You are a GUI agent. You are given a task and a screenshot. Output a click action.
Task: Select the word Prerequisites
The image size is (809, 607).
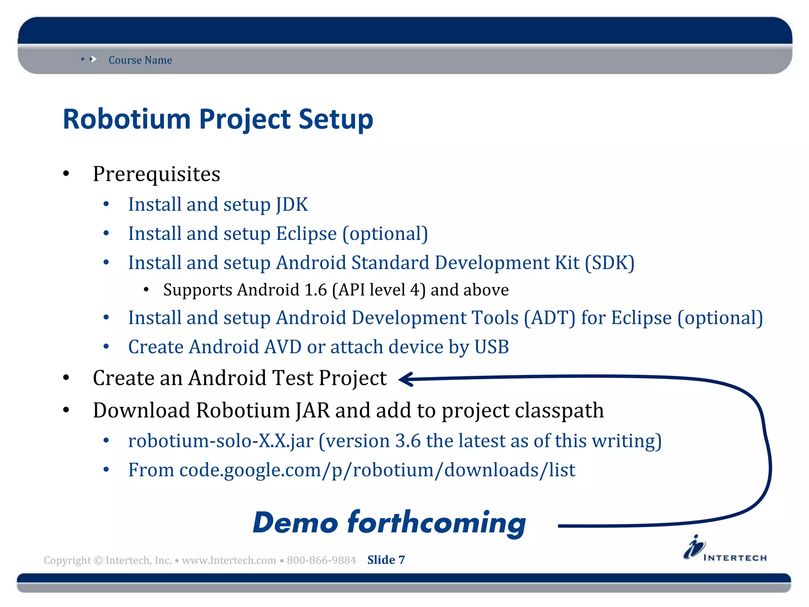[x=156, y=174]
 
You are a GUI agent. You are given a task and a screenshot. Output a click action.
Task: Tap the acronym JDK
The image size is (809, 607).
[x=292, y=205]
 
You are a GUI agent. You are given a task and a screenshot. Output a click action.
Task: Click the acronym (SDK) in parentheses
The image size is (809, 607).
[x=610, y=263]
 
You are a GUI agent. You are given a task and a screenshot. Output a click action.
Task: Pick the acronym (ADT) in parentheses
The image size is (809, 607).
[x=549, y=318]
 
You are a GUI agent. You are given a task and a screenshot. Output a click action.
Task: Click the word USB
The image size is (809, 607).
[x=491, y=347]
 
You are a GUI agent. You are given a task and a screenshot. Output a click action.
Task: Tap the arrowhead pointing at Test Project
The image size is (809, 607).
[x=406, y=379]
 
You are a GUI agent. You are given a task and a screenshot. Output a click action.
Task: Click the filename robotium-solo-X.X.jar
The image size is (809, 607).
[x=221, y=441]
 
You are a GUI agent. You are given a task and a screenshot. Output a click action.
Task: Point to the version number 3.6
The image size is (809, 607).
[x=408, y=441]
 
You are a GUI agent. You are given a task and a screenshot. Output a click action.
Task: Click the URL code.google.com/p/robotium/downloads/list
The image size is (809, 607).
[x=377, y=470]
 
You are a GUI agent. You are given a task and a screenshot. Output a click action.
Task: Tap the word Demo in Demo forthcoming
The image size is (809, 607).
[x=295, y=523]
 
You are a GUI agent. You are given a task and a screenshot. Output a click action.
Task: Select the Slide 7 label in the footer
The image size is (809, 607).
[x=386, y=560]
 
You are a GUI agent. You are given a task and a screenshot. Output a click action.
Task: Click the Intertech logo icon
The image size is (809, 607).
[x=694, y=547]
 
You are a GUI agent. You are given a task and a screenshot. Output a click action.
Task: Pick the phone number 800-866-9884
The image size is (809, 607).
[x=321, y=560]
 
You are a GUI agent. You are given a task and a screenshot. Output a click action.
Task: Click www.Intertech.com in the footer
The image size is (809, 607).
[x=229, y=560]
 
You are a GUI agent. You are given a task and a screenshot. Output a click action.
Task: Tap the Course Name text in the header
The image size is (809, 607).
[x=140, y=60]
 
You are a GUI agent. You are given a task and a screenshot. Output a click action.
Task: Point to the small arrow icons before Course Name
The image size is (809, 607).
[x=89, y=59]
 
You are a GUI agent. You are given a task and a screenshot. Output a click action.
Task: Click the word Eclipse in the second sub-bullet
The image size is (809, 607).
[x=306, y=234]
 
